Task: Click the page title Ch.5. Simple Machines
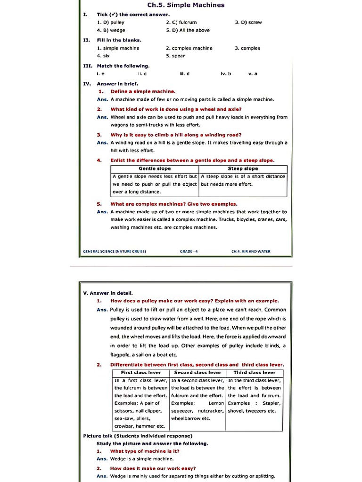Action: (x=186, y=5)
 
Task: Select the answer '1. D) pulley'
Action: (x=110, y=22)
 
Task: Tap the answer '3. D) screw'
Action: (x=248, y=22)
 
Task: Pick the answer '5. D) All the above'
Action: (x=188, y=30)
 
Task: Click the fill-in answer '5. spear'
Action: (x=175, y=56)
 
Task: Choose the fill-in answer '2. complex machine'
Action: (x=189, y=48)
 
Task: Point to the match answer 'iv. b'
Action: (x=226, y=74)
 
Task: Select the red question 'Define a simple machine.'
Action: (x=143, y=91)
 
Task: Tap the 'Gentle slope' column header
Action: (x=155, y=169)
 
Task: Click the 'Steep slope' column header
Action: (x=243, y=169)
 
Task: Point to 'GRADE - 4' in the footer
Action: (x=189, y=251)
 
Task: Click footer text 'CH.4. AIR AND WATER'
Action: (x=251, y=251)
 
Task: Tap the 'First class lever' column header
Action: (x=141, y=372)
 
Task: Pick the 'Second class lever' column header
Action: (x=197, y=372)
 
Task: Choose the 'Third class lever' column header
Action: (x=255, y=372)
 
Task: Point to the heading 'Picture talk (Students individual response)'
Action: (x=138, y=436)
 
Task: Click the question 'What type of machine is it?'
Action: (x=145, y=451)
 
